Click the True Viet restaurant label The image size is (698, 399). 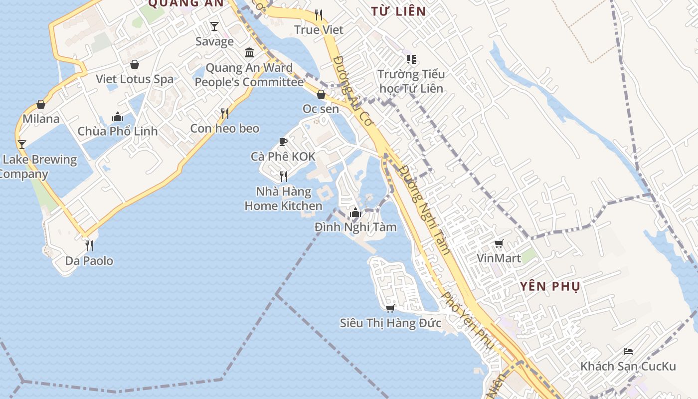(319, 30)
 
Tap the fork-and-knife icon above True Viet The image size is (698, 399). (319, 15)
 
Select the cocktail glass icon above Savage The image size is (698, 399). (214, 26)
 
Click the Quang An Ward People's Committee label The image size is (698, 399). (249, 75)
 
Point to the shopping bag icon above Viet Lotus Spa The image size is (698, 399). (135, 64)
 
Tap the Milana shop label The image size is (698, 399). (41, 119)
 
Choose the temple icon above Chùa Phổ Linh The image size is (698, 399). (118, 117)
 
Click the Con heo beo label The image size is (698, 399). (225, 128)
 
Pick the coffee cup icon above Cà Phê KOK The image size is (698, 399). (283, 142)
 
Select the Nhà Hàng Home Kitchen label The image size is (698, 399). (283, 199)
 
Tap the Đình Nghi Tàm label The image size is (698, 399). (355, 227)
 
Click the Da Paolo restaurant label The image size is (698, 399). (89, 261)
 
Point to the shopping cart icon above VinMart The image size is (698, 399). (499, 244)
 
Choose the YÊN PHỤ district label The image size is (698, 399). (550, 286)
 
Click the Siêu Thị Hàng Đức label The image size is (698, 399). (390, 323)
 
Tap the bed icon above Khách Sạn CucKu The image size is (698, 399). (628, 352)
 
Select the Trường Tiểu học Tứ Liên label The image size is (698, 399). (411, 81)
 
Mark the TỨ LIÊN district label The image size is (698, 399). (399, 11)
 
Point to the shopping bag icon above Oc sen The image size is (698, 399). (321, 94)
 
